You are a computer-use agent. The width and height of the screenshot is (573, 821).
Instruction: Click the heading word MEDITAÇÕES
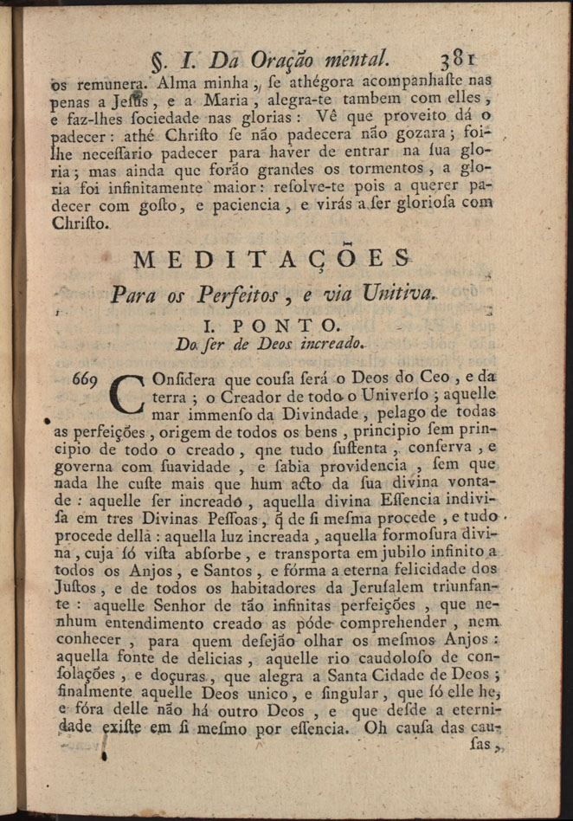point(274,258)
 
